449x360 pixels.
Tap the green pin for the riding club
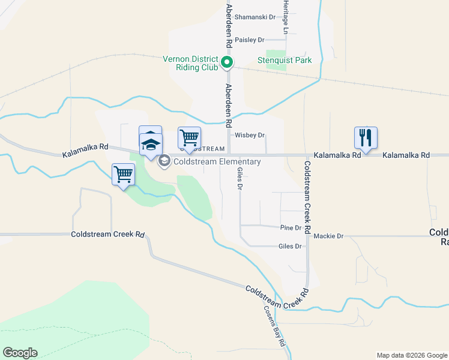point(227,62)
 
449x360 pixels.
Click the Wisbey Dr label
point(250,136)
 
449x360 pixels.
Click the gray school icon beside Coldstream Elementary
point(164,161)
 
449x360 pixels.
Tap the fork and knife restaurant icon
point(365,138)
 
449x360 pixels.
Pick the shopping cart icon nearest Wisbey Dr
point(189,138)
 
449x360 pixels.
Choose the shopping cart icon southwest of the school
point(123,175)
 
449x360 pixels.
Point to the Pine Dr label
point(290,228)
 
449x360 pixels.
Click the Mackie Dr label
point(328,236)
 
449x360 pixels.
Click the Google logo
point(20,353)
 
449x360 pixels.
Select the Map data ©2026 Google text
point(411,355)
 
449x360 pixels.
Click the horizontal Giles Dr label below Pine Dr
point(290,247)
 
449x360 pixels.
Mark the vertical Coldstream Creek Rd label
point(307,197)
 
